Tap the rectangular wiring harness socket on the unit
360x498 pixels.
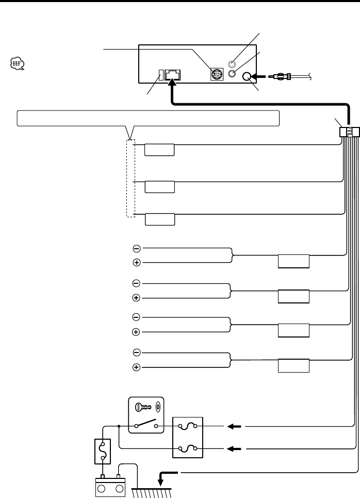pyautogui.click(x=172, y=75)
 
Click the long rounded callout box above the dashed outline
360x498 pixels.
pyautogui.click(x=148, y=118)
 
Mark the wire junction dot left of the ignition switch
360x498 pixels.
pyautogui.click(x=119, y=426)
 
